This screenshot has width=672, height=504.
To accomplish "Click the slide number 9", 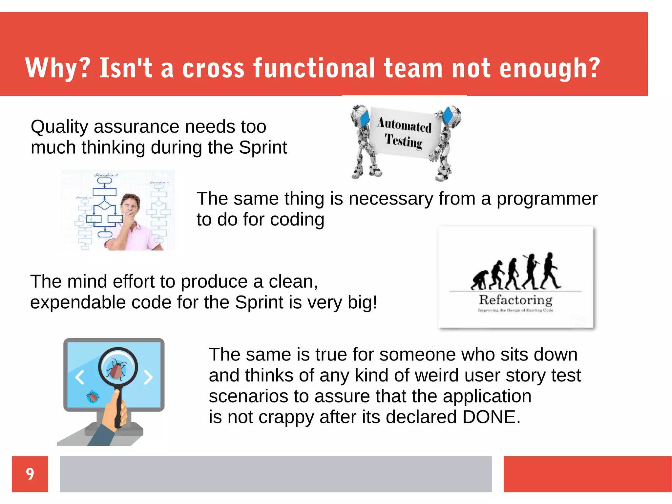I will [x=30, y=474].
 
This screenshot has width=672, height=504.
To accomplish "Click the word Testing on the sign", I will [x=404, y=141].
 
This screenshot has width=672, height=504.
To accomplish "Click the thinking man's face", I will [x=131, y=207].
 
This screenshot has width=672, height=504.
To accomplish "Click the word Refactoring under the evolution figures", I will [x=515, y=300].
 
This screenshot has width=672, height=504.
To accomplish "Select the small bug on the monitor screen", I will [x=93, y=397].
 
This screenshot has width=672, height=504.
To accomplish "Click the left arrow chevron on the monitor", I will [x=80, y=377].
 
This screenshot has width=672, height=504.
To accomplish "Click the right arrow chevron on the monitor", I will [x=148, y=377].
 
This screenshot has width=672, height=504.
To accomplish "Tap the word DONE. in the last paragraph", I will [x=491, y=417].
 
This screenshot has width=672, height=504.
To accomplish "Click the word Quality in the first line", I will [x=59, y=127].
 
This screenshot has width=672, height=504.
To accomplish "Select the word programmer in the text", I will [x=547, y=199].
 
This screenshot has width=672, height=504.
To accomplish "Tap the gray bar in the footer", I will [x=276, y=474].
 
